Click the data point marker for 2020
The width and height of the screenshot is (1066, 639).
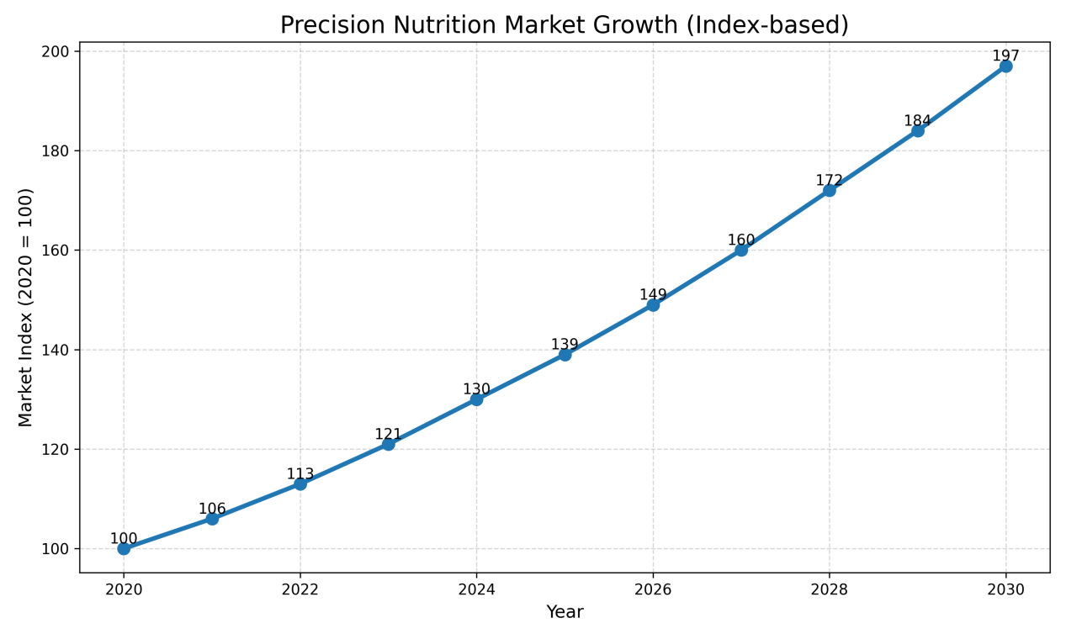coord(124,548)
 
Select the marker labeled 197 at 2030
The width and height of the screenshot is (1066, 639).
coord(1005,66)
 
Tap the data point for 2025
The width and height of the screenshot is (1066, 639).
coord(565,354)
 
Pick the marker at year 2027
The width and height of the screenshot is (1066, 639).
coord(741,250)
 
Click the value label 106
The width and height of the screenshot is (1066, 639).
coord(212,509)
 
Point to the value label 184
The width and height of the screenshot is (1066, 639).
coord(917,120)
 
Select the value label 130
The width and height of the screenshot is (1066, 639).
coord(476,389)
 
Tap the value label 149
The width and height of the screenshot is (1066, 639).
coord(653,295)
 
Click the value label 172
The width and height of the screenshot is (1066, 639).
coord(829,181)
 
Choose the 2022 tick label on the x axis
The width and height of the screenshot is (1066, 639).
coord(300,589)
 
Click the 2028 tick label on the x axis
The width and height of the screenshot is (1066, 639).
coord(829,589)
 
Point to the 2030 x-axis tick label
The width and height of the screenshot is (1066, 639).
coord(1005,589)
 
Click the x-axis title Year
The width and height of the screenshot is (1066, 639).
coord(565,612)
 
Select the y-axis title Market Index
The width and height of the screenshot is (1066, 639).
coord(26,307)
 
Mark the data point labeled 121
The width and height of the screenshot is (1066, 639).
coord(388,443)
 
